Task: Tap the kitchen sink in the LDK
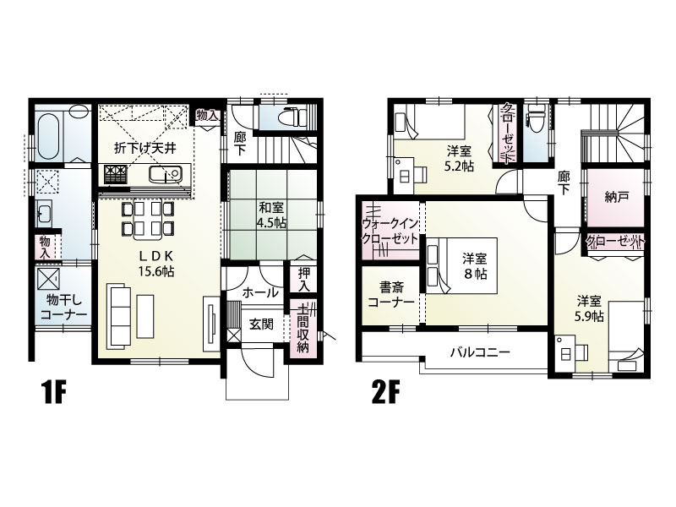(x=165, y=175)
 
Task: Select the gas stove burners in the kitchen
(x=115, y=175)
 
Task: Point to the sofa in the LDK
(x=119, y=314)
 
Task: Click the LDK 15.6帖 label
(x=155, y=264)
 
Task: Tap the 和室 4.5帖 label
(x=271, y=215)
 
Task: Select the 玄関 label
(x=261, y=324)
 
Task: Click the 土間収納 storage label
(x=303, y=328)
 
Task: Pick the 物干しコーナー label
(x=64, y=307)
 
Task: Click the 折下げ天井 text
(x=144, y=149)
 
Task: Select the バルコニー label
(x=480, y=352)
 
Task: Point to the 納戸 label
(x=617, y=197)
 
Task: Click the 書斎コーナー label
(x=390, y=293)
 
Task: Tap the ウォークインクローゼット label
(x=390, y=231)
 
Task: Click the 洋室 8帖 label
(x=475, y=266)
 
